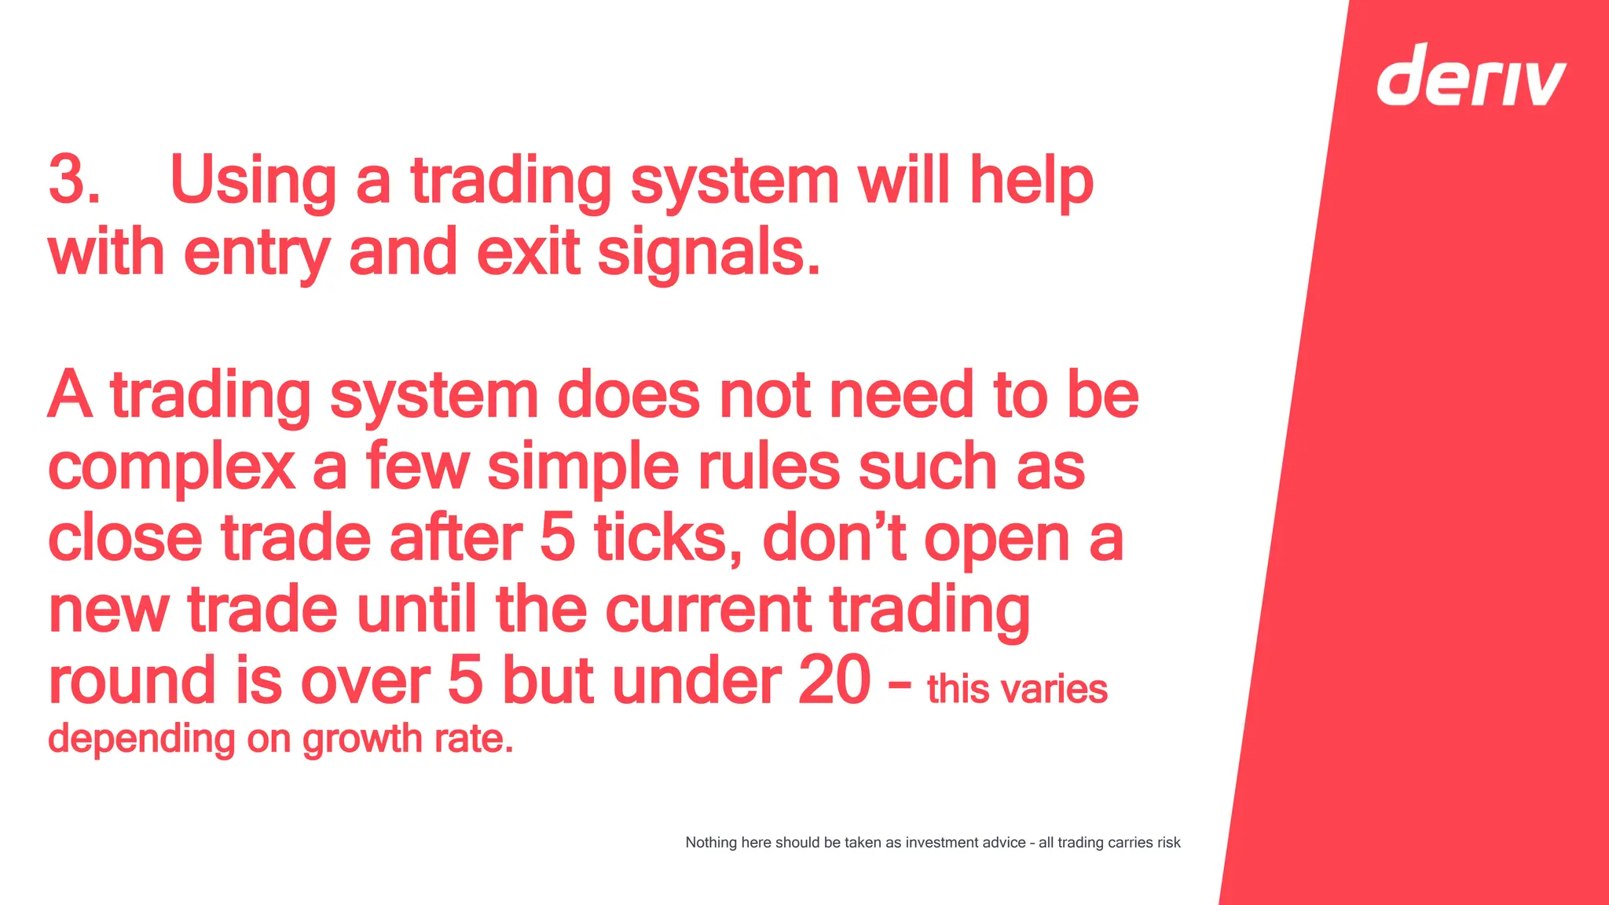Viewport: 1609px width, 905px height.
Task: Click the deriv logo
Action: [x=1471, y=76]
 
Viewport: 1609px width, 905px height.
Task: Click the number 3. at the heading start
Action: [x=75, y=179]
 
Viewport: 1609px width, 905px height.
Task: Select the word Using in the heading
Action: [x=253, y=181]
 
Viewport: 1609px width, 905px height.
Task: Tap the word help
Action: [x=1031, y=181]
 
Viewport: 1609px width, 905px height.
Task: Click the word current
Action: [x=708, y=610]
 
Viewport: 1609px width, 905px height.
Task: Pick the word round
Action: [x=132, y=680]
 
